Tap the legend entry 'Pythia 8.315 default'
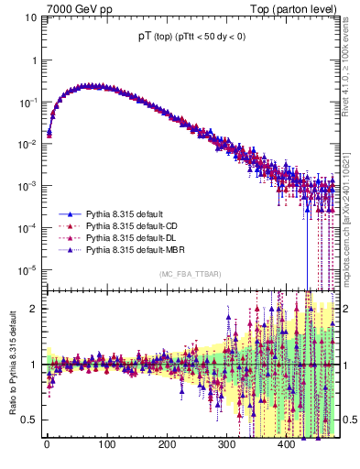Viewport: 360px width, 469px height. coord(130,213)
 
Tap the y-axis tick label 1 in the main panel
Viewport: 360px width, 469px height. coord(34,60)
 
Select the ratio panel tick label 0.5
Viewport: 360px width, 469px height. coord(30,420)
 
